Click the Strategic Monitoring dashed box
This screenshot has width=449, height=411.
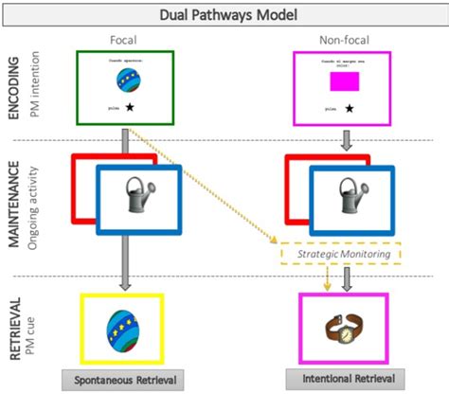pos(327,253)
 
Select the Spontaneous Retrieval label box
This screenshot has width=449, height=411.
pos(120,380)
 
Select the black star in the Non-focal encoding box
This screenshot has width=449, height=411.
pos(350,110)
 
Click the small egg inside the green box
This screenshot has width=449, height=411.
pos(125,82)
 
